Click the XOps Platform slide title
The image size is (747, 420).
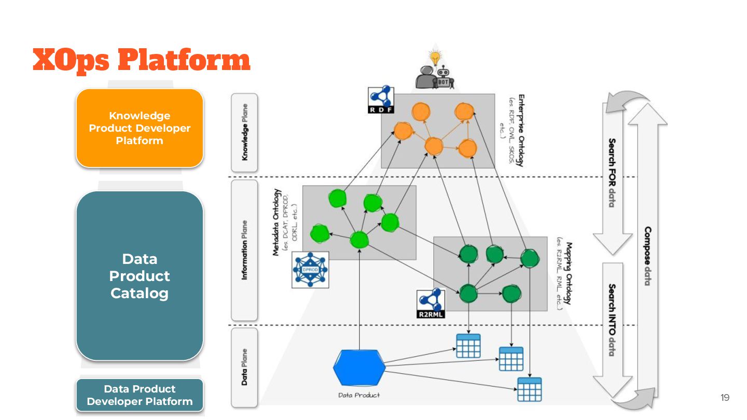[141, 60]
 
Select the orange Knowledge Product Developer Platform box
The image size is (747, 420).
[140, 128]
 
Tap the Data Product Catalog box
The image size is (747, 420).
[140, 276]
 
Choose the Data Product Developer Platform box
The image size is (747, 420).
[140, 395]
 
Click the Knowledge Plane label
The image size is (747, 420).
[244, 132]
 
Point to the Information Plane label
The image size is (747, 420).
[244, 250]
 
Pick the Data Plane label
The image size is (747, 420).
[244, 366]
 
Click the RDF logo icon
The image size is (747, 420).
[381, 100]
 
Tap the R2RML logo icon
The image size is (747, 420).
[431, 304]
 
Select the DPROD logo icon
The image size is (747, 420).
[310, 270]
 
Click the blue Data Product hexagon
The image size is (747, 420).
[359, 367]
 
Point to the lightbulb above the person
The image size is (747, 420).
[435, 57]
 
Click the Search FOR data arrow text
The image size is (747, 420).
[612, 173]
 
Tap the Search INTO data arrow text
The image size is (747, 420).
[612, 320]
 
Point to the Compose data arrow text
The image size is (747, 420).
[647, 256]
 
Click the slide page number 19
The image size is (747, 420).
[725, 398]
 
